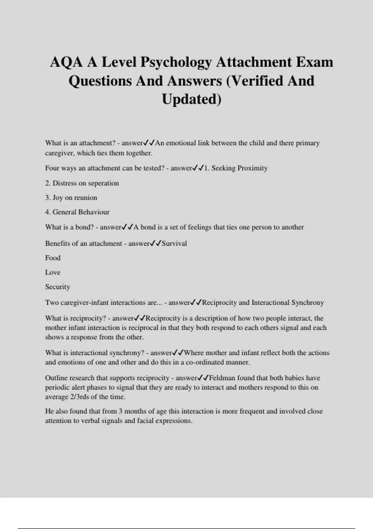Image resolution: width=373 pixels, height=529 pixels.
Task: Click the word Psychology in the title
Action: click(176, 63)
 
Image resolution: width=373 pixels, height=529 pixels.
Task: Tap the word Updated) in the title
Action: click(191, 99)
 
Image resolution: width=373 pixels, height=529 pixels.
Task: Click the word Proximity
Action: click(252, 168)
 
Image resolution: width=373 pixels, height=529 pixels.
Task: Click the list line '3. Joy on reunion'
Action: click(71, 198)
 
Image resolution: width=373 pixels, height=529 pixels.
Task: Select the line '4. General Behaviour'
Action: click(77, 212)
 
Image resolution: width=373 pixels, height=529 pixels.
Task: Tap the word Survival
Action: click(174, 243)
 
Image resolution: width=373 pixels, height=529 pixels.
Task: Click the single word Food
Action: click(53, 258)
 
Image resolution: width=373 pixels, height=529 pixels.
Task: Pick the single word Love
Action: click(53, 272)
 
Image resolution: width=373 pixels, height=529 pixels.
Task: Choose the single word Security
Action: click(58, 287)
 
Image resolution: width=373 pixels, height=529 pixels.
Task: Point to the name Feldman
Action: click(222, 378)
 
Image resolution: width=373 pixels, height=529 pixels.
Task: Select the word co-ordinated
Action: click(205, 362)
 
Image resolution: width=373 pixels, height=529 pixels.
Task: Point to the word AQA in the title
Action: click(66, 63)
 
